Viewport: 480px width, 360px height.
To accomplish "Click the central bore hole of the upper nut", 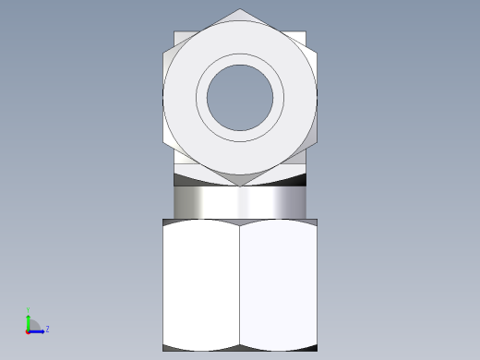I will [240, 96].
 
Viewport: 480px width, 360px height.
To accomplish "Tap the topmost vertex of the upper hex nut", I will [240, 9].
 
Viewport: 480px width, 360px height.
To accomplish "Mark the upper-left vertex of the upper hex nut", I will [163, 53].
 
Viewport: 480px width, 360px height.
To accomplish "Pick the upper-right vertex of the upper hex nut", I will [317, 53].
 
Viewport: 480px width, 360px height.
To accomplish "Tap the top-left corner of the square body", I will [174, 32].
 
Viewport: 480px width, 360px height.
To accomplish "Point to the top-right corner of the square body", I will [306, 32].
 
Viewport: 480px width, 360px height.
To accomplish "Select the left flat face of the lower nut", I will [201, 286].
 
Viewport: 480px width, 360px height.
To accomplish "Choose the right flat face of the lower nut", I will [279, 286].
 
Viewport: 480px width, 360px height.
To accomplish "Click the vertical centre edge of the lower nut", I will [240, 286].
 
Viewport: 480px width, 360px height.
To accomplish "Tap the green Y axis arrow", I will [29, 318].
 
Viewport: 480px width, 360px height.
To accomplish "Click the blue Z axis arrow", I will [39, 330].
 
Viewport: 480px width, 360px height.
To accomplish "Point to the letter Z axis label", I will [47, 329].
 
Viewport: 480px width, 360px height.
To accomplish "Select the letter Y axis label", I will [29, 310].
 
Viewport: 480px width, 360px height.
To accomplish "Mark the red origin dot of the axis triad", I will [28, 330].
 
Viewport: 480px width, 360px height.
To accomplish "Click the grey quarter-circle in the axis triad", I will [33, 324].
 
